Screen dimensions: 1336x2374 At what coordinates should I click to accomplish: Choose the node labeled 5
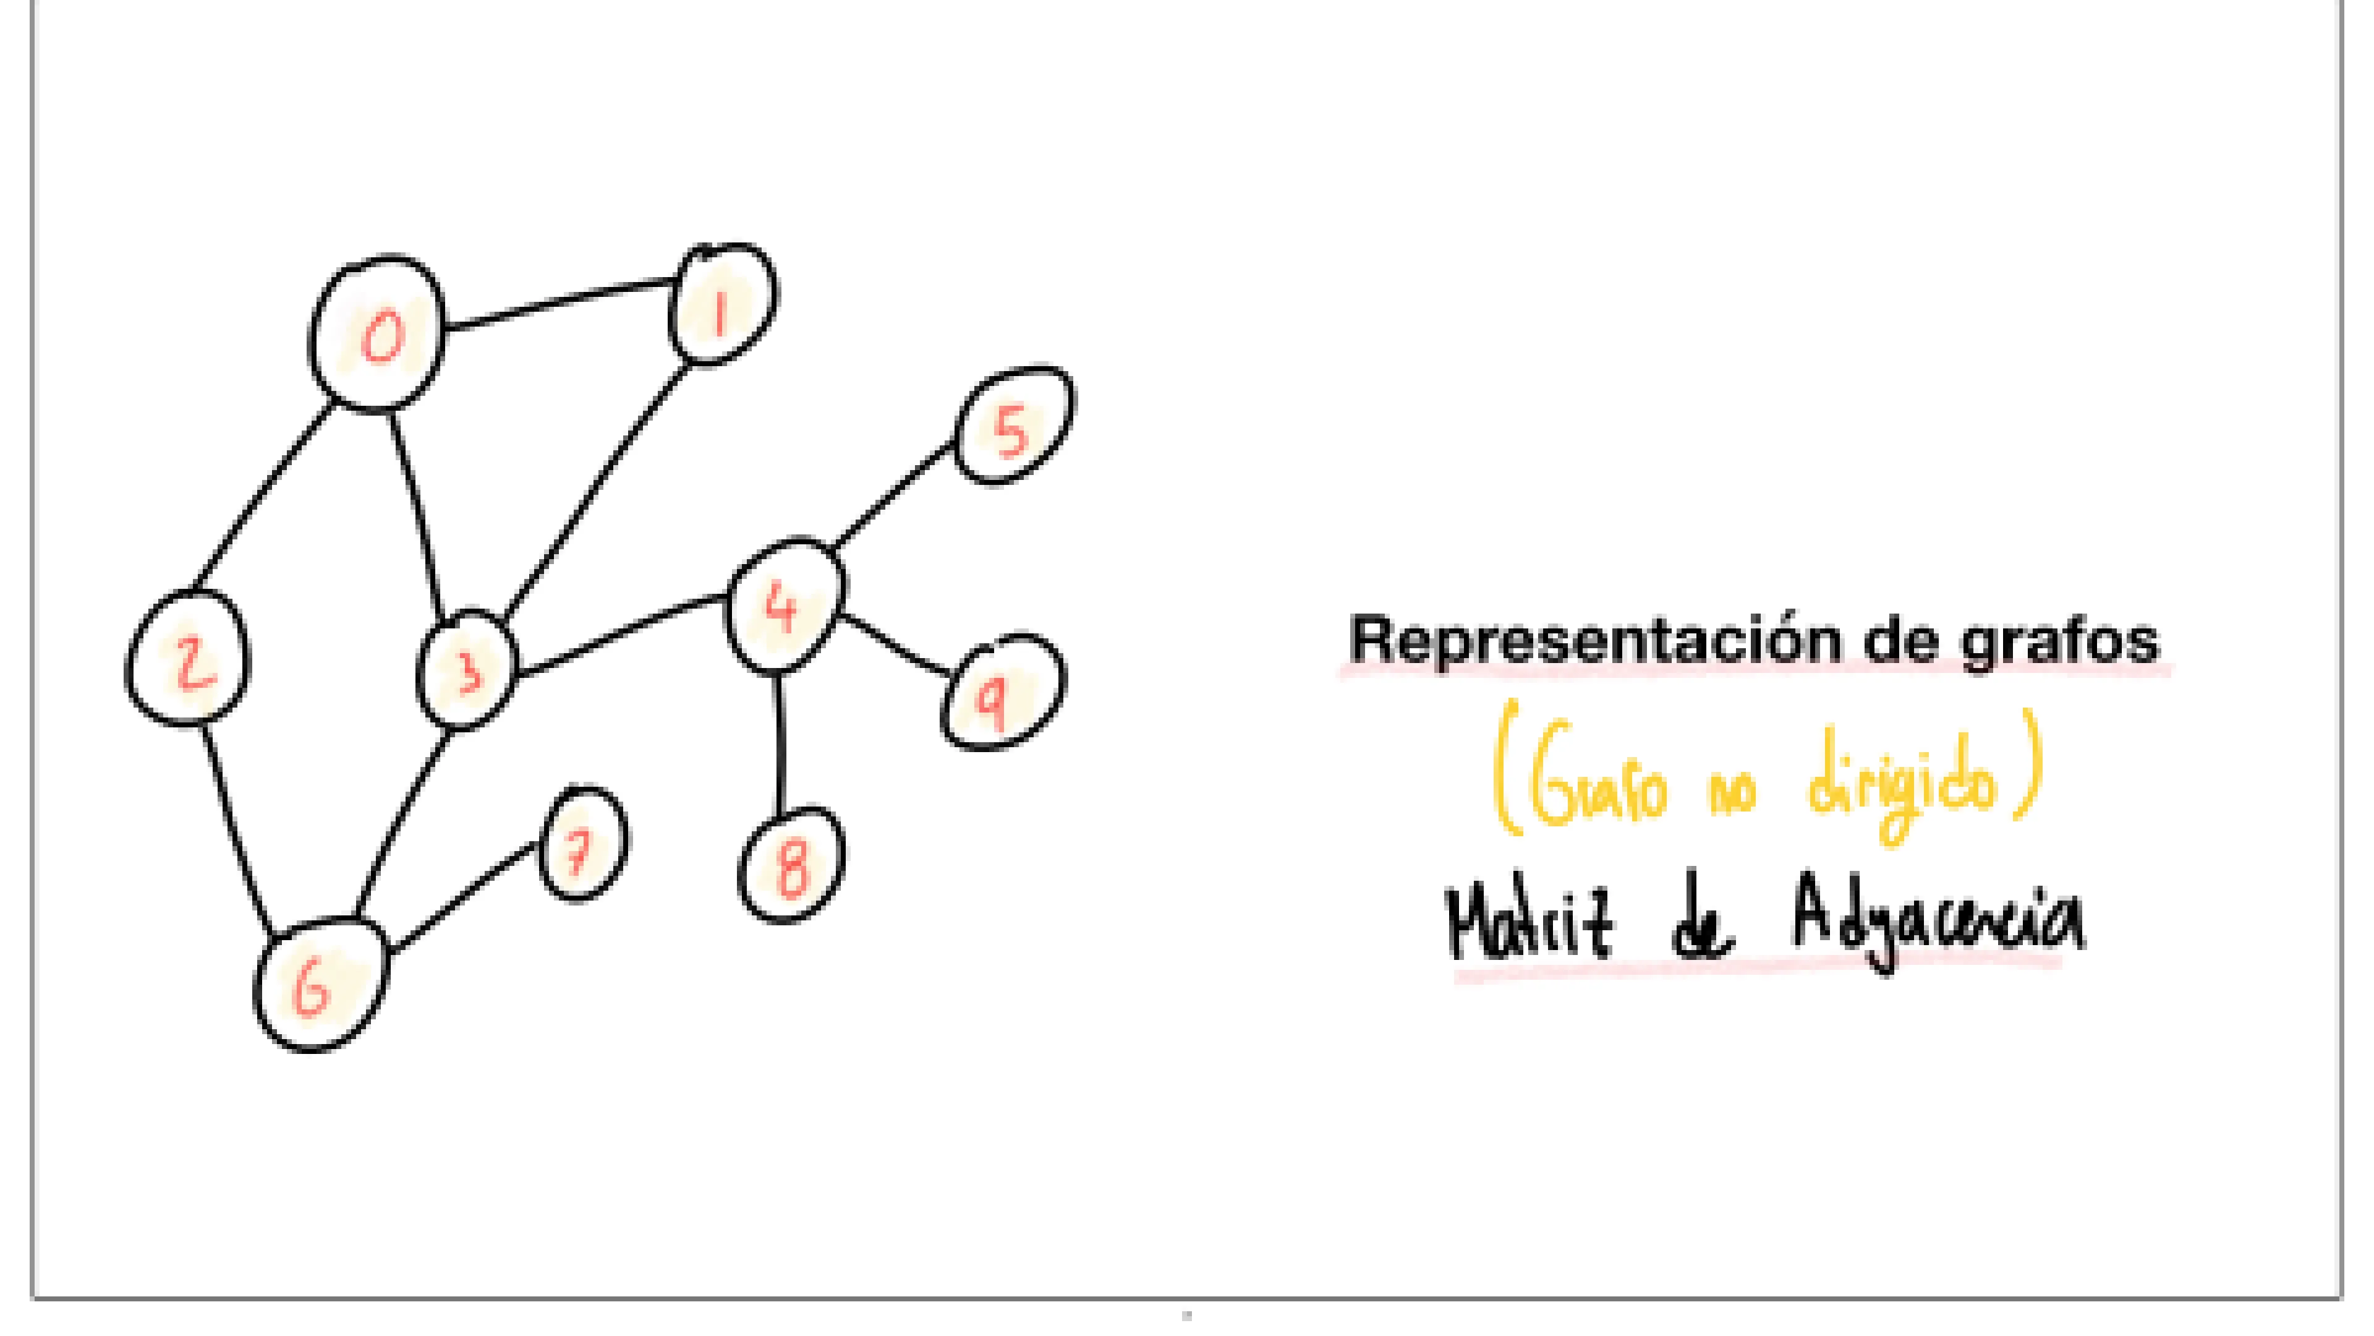click(1014, 426)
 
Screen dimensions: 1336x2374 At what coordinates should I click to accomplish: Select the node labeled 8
click(791, 865)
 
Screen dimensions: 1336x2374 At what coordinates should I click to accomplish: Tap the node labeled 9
click(1001, 693)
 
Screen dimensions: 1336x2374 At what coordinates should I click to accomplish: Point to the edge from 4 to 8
click(781, 745)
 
